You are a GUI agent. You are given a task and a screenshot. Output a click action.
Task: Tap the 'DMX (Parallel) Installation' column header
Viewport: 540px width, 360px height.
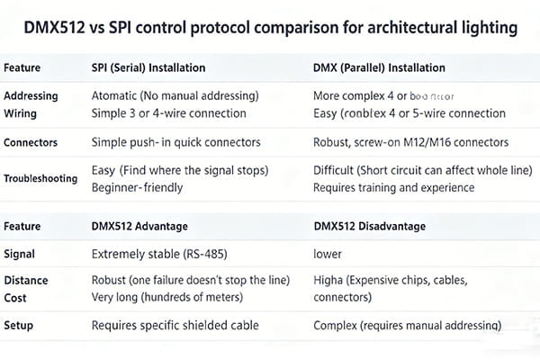[379, 67]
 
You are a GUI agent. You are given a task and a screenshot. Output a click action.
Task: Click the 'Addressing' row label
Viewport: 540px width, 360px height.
[31, 95]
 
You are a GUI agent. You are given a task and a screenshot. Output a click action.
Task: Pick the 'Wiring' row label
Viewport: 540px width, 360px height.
[22, 112]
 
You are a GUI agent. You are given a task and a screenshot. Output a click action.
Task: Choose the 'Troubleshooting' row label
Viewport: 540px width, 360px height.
[40, 179]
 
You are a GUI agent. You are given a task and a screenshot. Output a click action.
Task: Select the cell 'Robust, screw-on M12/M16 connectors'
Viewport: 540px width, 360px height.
[410, 142]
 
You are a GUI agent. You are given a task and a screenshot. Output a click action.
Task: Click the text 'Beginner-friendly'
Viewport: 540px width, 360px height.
[137, 188]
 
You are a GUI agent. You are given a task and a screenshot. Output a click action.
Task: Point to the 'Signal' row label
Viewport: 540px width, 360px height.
[20, 255]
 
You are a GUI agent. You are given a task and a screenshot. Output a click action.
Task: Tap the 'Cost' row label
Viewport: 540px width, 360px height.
[17, 297]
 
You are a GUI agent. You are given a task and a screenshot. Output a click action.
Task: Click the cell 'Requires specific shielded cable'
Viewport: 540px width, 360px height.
[175, 325]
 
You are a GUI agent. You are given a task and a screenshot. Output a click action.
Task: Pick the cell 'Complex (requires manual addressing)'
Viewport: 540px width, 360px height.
[407, 325]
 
